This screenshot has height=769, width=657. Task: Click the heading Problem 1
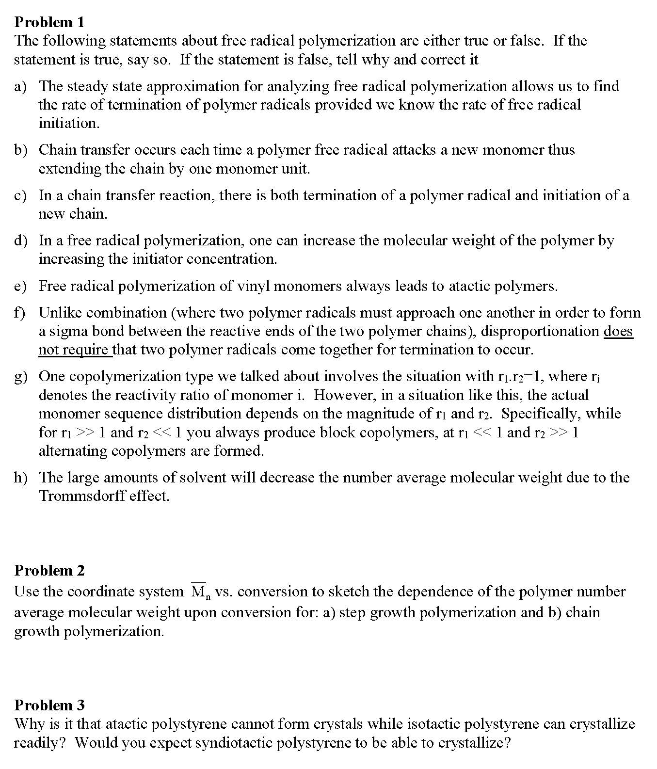pos(49,22)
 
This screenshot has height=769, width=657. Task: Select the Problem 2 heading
pos(49,570)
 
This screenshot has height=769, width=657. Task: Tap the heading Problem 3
pos(49,705)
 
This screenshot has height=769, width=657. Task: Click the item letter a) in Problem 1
pos(20,86)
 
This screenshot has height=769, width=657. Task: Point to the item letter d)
pos(20,240)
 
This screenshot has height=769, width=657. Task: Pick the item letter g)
pos(20,377)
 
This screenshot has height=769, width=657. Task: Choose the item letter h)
pos(20,478)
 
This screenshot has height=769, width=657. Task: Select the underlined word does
pos(618,331)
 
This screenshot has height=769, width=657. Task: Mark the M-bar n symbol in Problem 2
pos(199,592)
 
